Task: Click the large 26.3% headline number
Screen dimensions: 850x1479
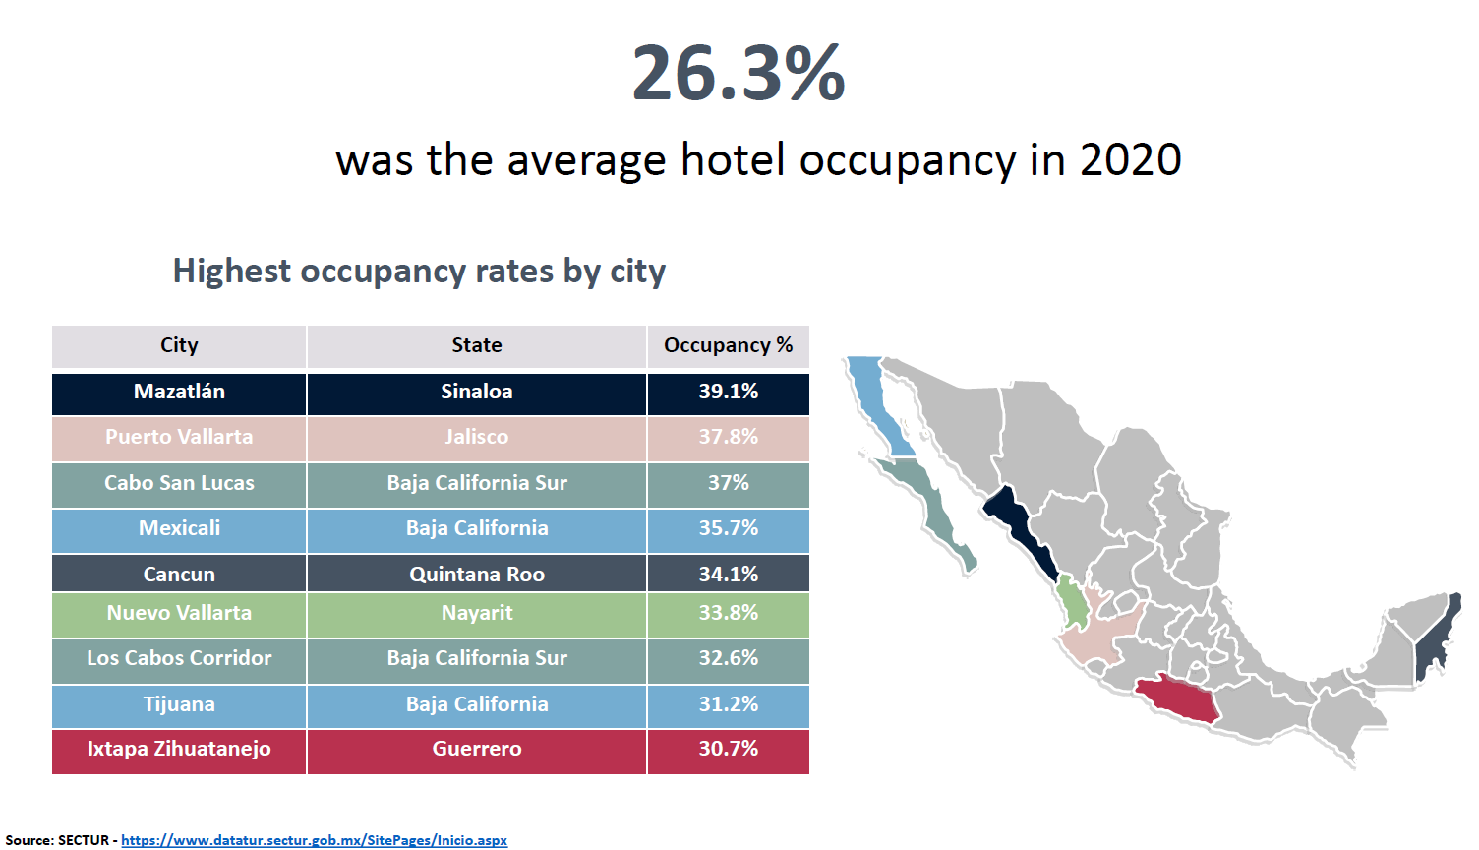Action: (x=738, y=74)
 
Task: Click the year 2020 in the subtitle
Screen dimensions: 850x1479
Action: (x=1130, y=159)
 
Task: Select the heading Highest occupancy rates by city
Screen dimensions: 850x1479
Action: (x=419, y=271)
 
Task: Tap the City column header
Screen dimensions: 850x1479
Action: (x=179, y=345)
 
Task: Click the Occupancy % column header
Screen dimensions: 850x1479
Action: (x=728, y=345)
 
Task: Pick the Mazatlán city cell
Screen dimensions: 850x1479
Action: (x=179, y=392)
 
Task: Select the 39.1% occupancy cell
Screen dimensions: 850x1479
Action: (x=728, y=392)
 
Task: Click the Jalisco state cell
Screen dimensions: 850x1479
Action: (x=476, y=437)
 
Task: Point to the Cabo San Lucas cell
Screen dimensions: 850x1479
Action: (x=179, y=483)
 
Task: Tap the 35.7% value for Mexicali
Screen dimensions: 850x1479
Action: (x=728, y=528)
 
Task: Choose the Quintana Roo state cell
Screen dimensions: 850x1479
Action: (x=476, y=575)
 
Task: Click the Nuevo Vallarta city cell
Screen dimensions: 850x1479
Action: (x=179, y=613)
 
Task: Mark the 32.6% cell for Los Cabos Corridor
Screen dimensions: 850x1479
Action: (x=728, y=658)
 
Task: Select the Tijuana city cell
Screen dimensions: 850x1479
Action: (x=179, y=704)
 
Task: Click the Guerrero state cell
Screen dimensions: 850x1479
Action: (x=476, y=749)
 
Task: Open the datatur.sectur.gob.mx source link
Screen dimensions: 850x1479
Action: (x=314, y=840)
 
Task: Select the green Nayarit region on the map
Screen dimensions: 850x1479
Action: (x=1072, y=602)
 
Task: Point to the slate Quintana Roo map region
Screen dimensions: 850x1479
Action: (x=1438, y=639)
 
